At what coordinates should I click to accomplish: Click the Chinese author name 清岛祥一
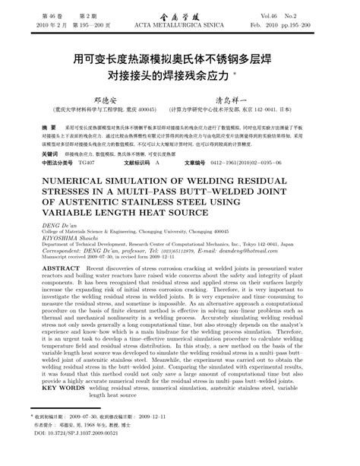(248, 99)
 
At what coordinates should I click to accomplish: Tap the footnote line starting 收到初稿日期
(99, 437)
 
